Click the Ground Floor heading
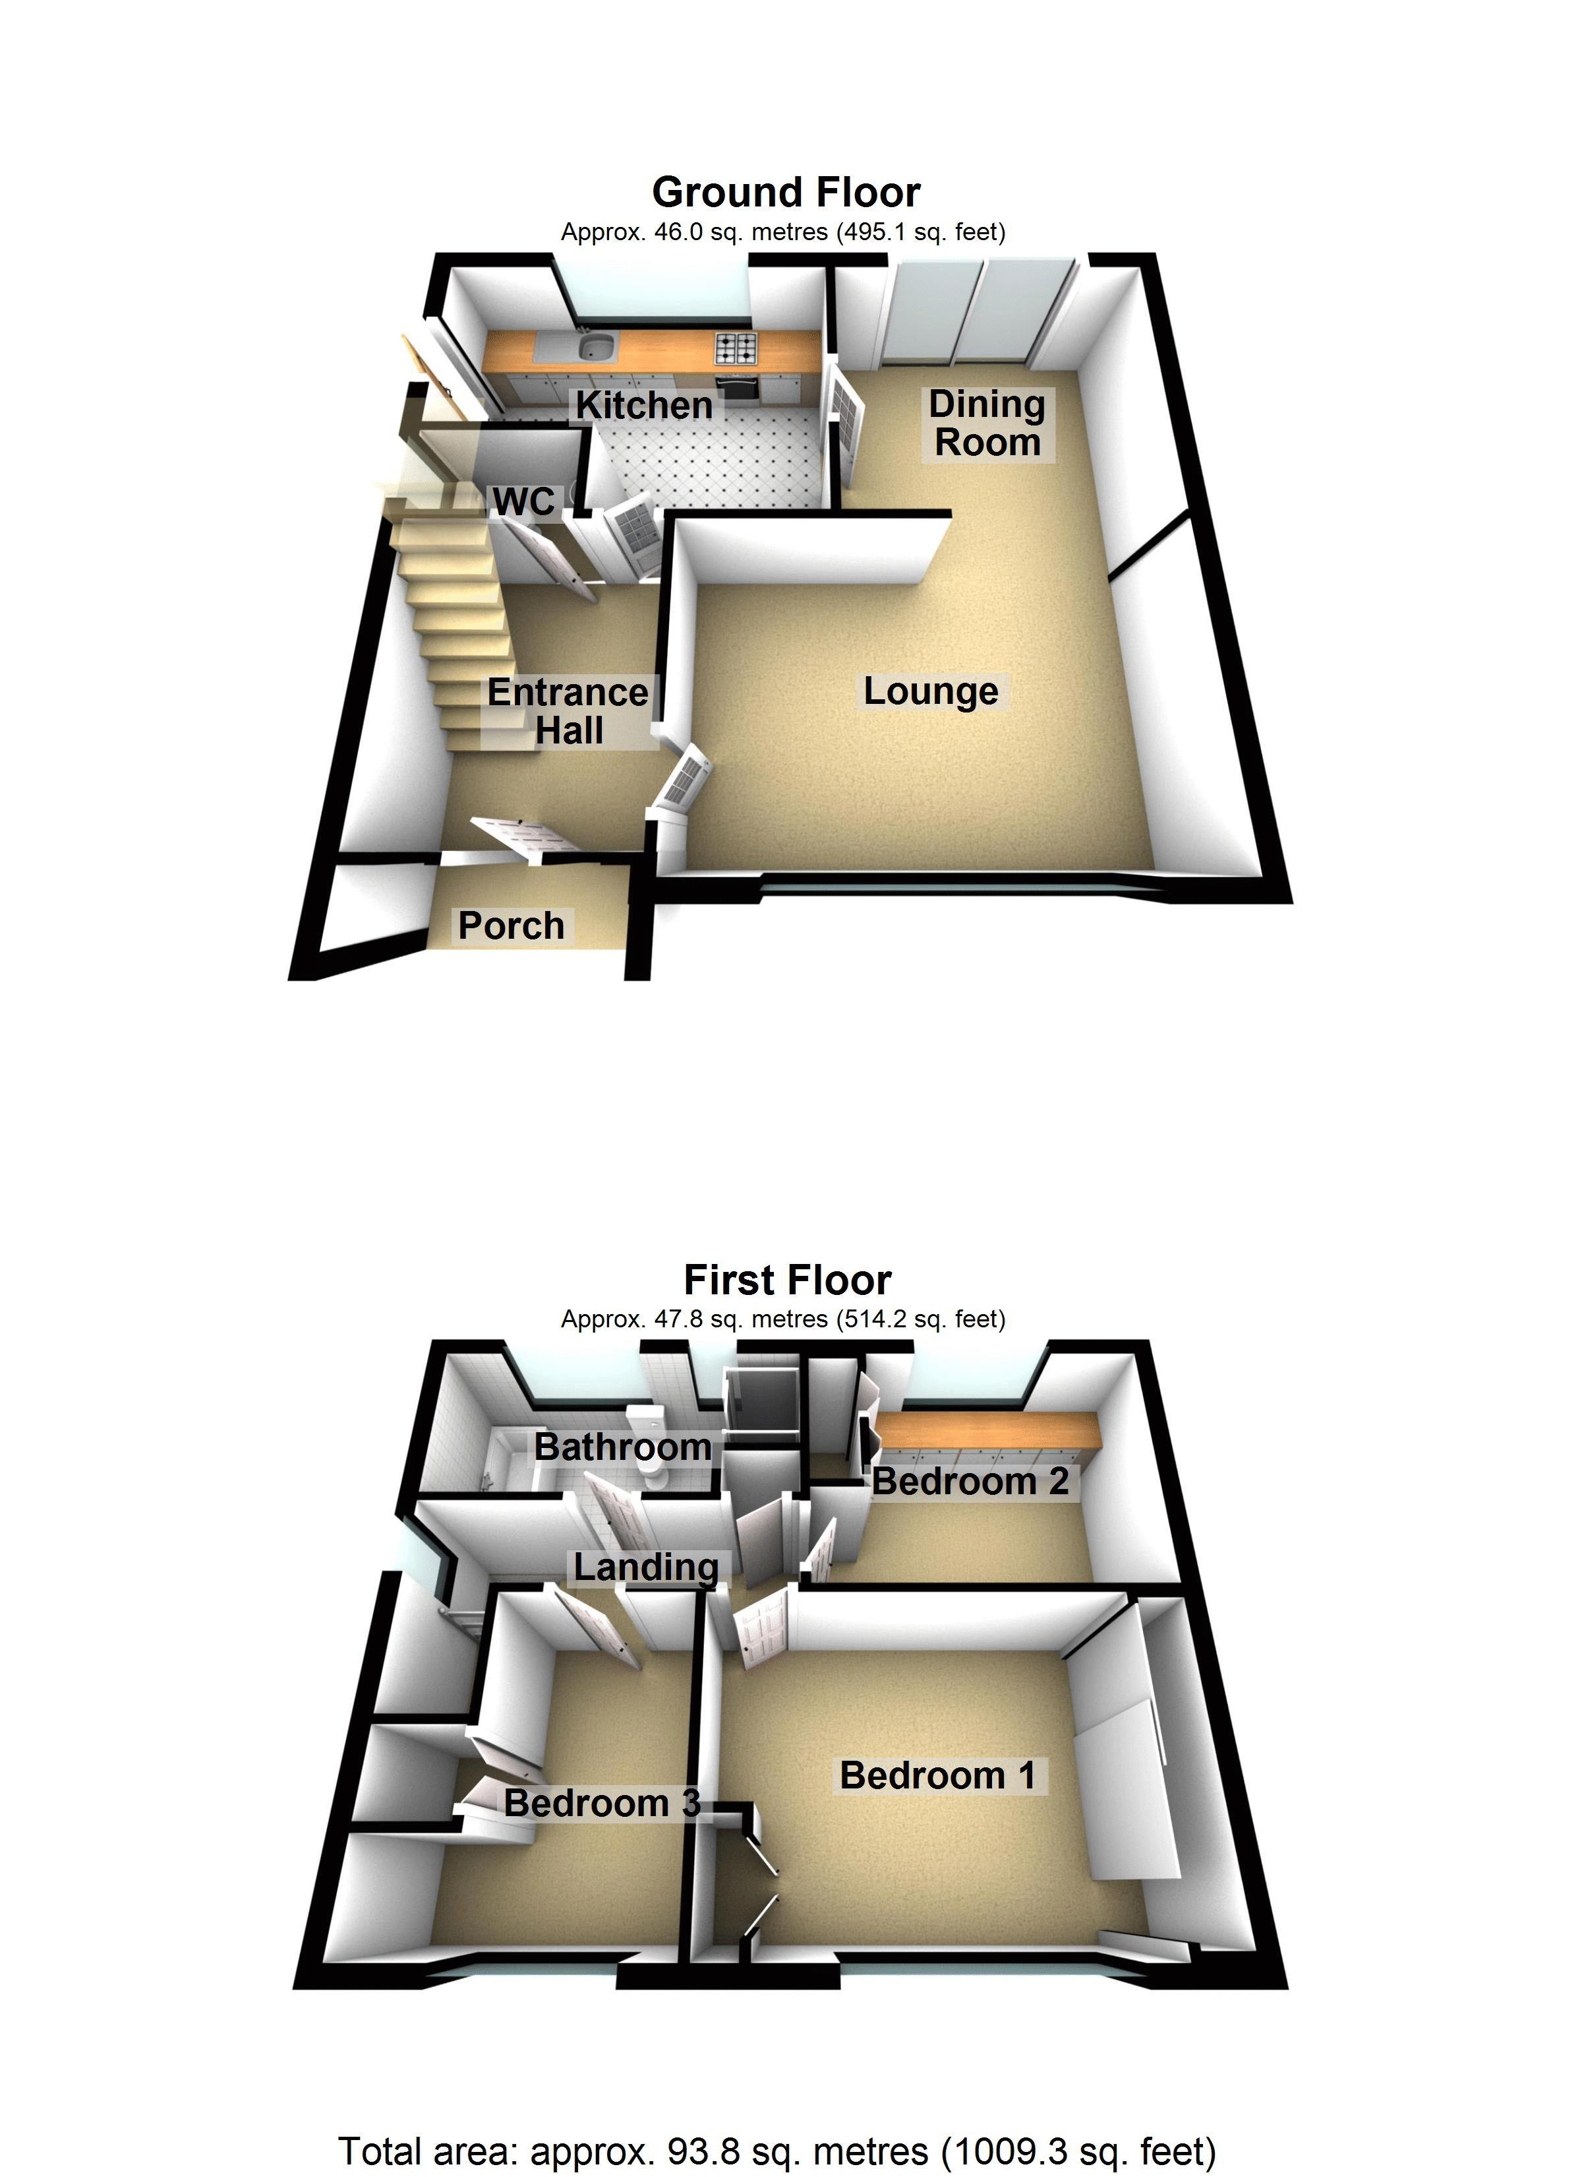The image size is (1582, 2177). point(786,193)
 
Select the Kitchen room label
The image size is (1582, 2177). point(644,405)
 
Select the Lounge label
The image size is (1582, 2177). point(931,691)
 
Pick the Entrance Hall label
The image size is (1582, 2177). point(568,711)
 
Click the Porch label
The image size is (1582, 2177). point(512,926)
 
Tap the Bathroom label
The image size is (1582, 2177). point(623,1447)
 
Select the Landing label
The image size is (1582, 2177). point(646,1567)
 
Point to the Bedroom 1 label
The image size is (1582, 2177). point(937,1776)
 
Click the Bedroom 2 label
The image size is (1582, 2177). point(970,1481)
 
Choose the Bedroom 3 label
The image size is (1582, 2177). point(602,1804)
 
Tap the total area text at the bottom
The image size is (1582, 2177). point(777,2151)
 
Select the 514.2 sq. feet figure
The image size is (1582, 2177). point(921,1320)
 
